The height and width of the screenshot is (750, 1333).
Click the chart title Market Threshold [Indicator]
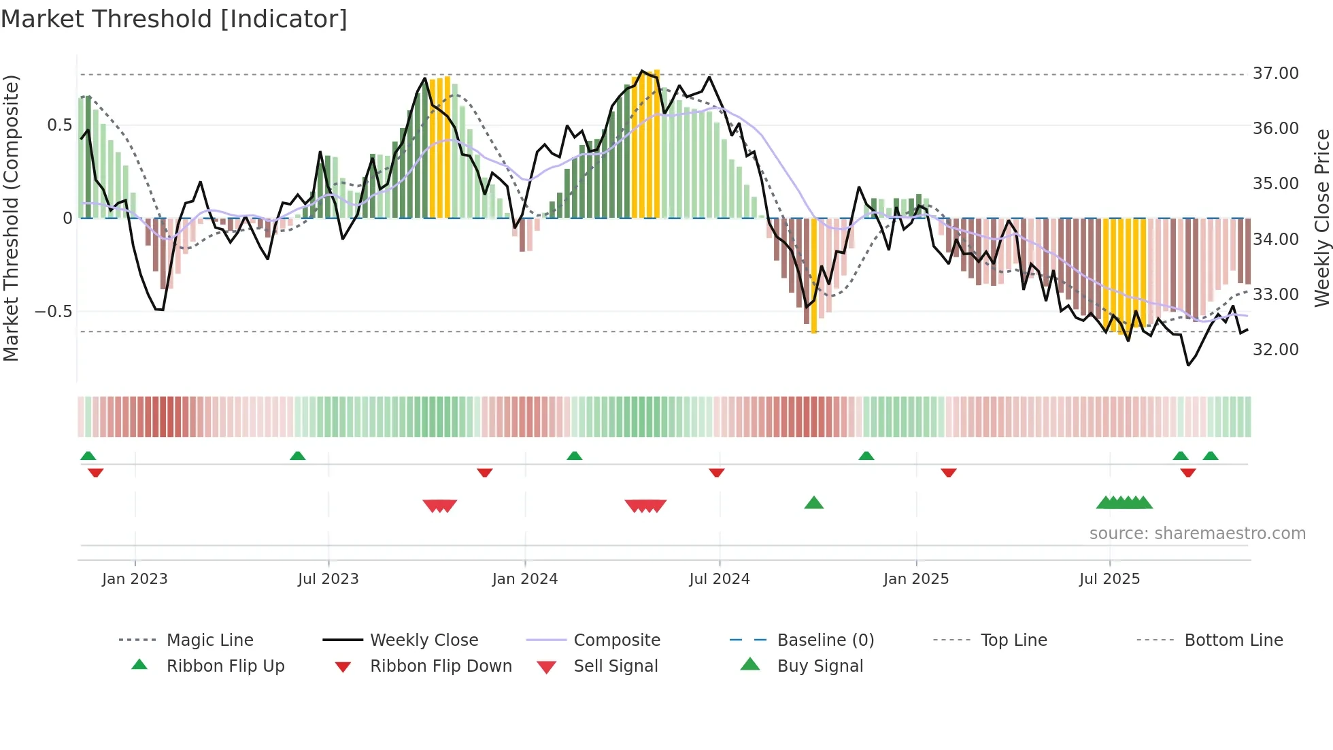click(x=174, y=19)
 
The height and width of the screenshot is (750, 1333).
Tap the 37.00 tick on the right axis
click(x=1275, y=74)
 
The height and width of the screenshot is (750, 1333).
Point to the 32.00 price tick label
click(x=1275, y=350)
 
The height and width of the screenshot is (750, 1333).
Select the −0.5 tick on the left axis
click(x=53, y=312)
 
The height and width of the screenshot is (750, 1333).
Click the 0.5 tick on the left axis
click(x=59, y=125)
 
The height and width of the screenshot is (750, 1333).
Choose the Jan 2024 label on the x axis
click(x=524, y=579)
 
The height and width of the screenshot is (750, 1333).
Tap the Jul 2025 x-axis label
click(x=1109, y=579)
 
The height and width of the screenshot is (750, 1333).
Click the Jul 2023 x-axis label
click(x=328, y=579)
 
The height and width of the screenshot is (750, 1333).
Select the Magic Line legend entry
click(x=209, y=640)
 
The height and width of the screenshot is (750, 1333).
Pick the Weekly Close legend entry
click(x=424, y=640)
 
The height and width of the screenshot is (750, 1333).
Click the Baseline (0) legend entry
click(x=825, y=640)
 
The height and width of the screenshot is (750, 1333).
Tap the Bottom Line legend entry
click(x=1233, y=640)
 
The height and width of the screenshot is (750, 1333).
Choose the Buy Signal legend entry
click(x=820, y=666)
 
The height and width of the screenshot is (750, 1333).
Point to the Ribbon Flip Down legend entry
click(x=441, y=666)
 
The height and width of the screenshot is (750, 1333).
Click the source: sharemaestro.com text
click(x=1197, y=534)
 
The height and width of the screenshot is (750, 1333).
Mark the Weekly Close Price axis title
click(x=1321, y=218)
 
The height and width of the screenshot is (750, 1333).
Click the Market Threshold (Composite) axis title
click(x=11, y=218)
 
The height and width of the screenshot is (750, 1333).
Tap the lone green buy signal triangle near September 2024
click(x=813, y=503)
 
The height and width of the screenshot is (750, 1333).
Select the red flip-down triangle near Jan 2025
click(x=948, y=472)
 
